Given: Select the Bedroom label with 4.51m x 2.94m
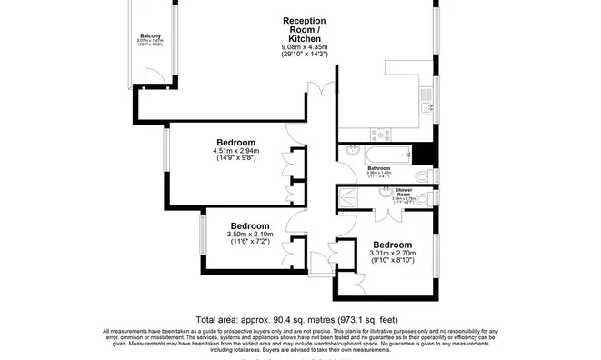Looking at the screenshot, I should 235,143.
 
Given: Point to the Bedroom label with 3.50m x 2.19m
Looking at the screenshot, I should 249,225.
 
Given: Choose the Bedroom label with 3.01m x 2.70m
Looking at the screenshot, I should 393,245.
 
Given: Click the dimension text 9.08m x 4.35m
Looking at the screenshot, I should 305,48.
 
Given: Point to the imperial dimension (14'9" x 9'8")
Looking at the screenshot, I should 235,159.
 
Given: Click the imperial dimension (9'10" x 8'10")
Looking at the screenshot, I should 393,262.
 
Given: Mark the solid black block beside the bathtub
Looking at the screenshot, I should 419,154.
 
